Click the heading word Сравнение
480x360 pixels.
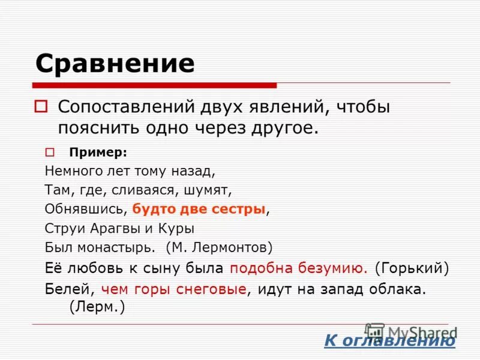tap(115, 63)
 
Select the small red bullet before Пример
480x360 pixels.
tap(50, 151)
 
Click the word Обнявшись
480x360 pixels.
tap(85, 209)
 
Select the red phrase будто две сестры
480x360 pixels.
tap(199, 209)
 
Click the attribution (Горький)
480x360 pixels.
tap(412, 268)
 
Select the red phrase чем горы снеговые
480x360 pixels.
tap(174, 289)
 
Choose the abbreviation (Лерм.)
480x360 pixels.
tap(97, 307)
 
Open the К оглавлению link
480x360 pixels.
tap(390, 341)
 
